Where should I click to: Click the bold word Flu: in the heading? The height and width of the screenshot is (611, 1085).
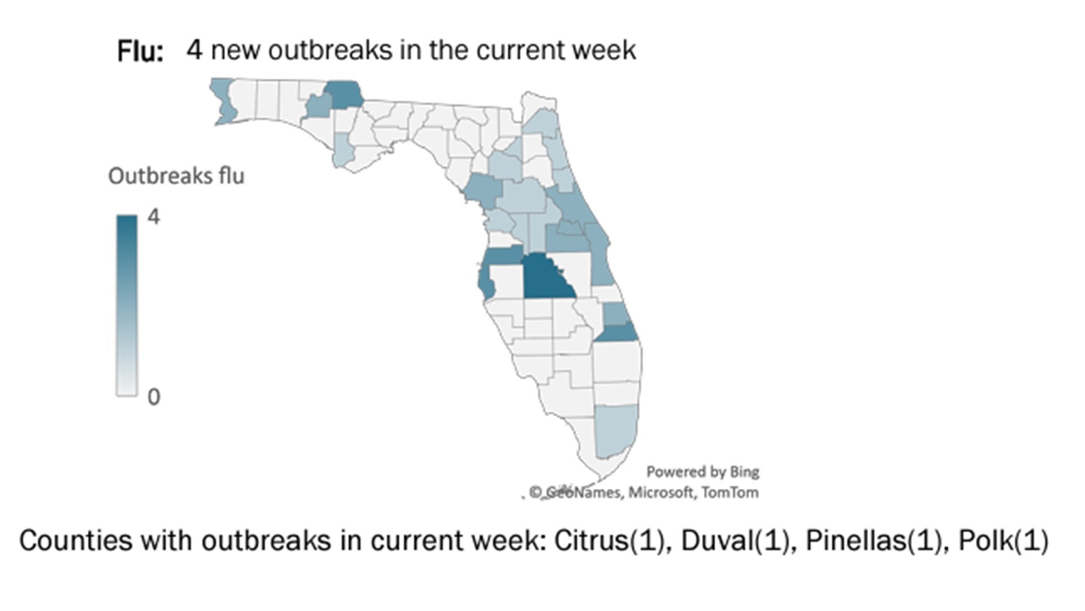(x=140, y=51)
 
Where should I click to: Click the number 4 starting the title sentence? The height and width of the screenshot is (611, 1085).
(x=194, y=50)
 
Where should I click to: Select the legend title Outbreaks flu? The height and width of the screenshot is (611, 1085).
(x=176, y=176)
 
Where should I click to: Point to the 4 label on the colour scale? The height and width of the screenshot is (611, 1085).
(x=153, y=217)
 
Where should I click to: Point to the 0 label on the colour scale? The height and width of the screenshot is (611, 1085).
(x=153, y=397)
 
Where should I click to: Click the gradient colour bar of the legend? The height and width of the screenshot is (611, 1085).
(x=127, y=305)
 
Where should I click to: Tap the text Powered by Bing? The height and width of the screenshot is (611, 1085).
(x=702, y=472)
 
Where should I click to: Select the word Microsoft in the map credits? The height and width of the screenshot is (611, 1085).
(x=661, y=492)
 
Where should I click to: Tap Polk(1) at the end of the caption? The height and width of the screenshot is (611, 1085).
(x=1004, y=540)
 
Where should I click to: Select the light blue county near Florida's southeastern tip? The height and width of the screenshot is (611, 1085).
(x=615, y=430)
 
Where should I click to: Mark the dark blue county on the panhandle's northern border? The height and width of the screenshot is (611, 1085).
(x=345, y=94)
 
